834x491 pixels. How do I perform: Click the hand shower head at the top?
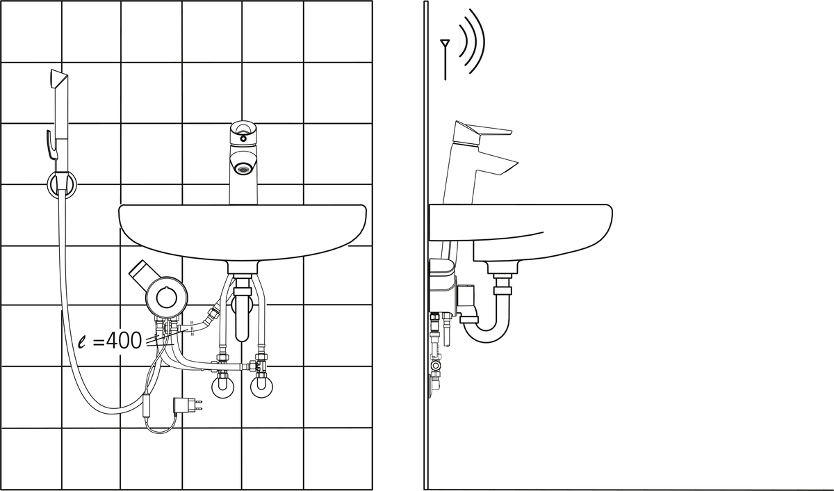pyautogui.click(x=58, y=83)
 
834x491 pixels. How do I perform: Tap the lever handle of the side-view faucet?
pyautogui.click(x=482, y=132)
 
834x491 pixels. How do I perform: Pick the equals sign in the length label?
pyautogui.click(x=98, y=341)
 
